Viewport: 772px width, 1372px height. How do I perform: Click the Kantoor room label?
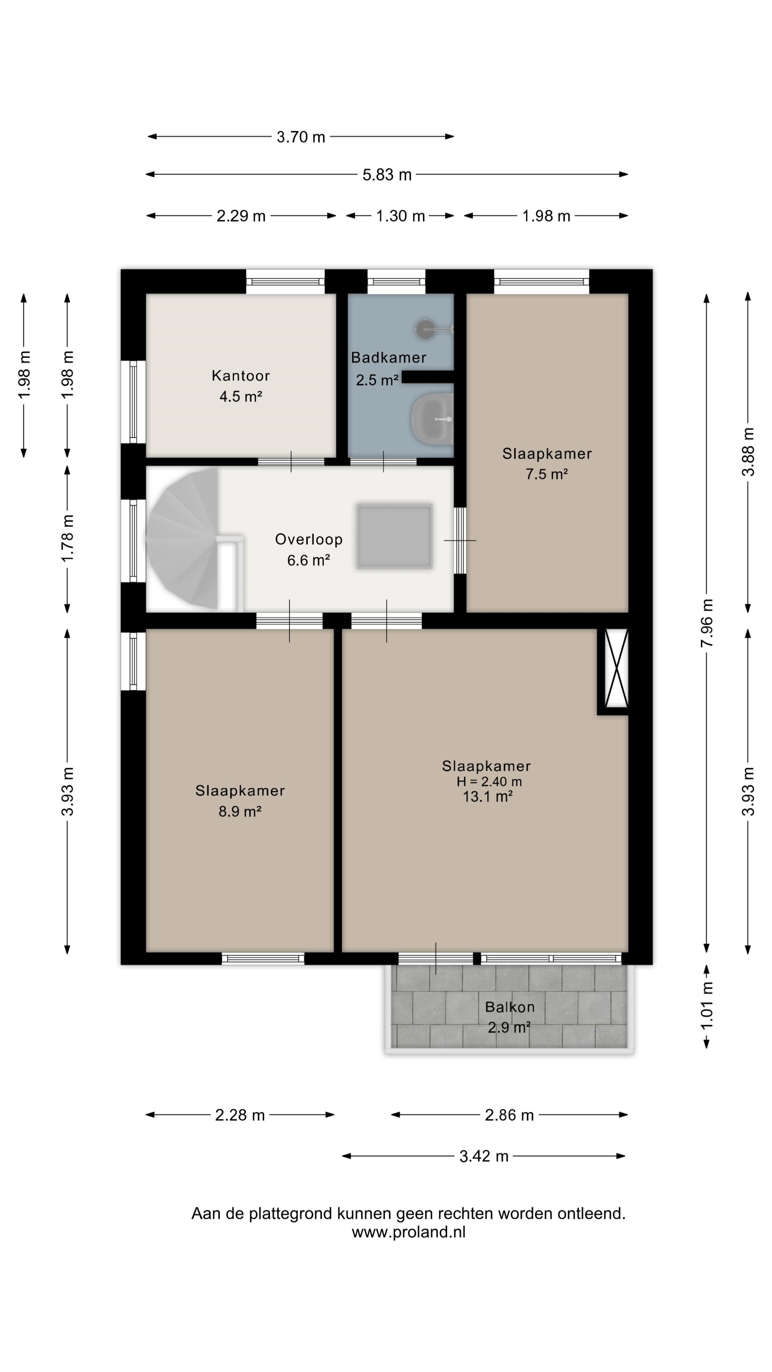coord(241,376)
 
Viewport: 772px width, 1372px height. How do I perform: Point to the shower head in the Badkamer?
coord(426,329)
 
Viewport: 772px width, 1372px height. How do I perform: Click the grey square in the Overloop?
coord(394,536)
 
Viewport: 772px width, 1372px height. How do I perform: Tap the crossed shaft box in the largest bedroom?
coord(617,668)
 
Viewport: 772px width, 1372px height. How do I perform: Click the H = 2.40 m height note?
coord(489,781)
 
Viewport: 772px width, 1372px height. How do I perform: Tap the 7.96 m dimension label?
coord(707,623)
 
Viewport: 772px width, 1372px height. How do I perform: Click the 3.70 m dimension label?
coord(301,137)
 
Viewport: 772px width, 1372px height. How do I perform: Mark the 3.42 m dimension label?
coord(484,1156)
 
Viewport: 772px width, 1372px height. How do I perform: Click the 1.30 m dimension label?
coord(400,216)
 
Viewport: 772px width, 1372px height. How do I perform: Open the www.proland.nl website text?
coord(409,1232)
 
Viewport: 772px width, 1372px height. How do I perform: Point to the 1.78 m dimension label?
coord(67,538)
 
